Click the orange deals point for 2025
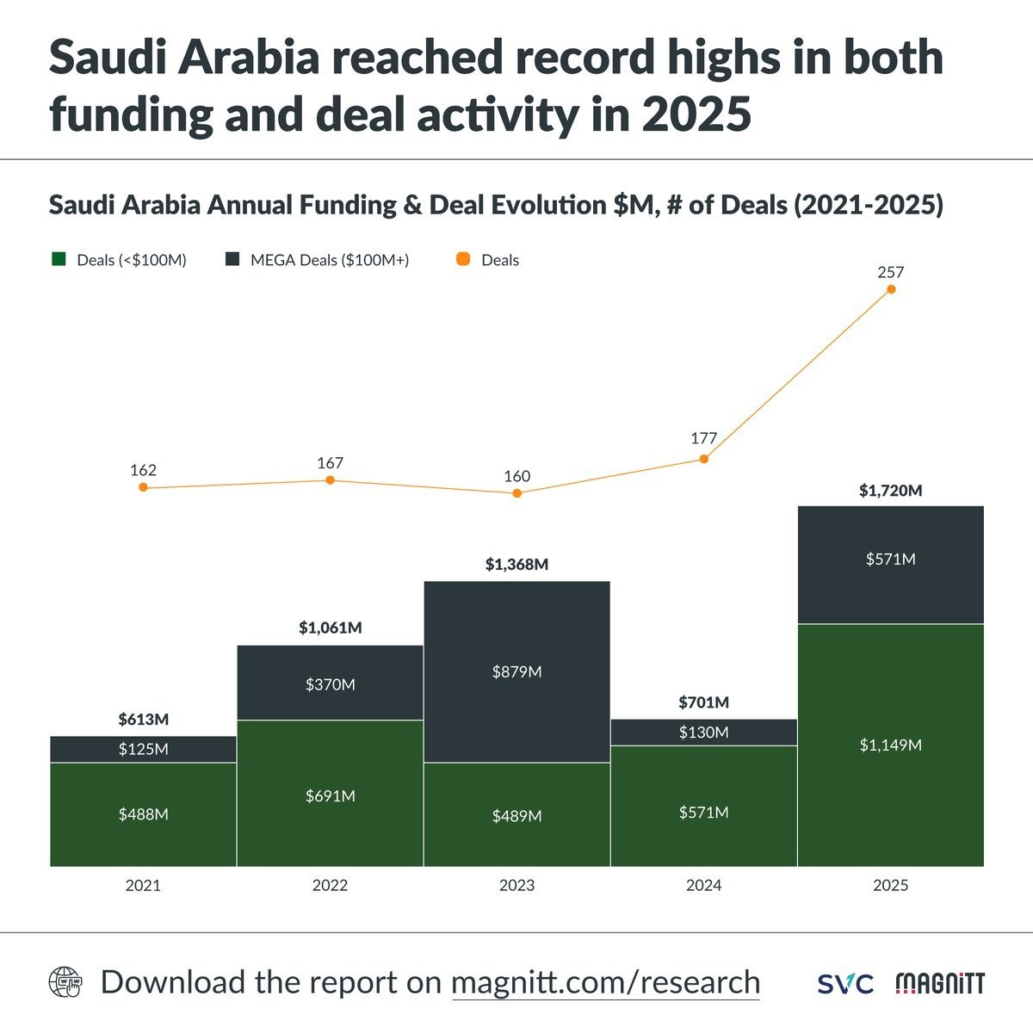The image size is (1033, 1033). click(891, 289)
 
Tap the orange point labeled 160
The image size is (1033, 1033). click(516, 493)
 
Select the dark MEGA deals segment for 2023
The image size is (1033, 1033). click(516, 671)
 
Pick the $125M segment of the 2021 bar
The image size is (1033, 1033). click(143, 749)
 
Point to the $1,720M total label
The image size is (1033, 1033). click(890, 491)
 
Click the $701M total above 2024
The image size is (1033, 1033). click(703, 702)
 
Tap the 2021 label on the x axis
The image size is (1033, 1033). click(143, 885)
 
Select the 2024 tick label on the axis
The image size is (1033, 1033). click(703, 885)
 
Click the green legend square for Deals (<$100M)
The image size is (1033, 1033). click(59, 259)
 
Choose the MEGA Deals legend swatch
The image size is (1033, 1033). click(232, 259)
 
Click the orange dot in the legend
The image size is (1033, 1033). click(463, 259)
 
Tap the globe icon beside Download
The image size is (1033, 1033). click(65, 982)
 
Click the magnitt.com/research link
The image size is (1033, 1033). click(605, 982)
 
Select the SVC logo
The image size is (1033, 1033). click(844, 983)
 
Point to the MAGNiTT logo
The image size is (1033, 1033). click(940, 983)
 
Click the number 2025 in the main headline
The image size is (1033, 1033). click(696, 114)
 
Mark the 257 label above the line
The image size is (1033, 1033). click(890, 272)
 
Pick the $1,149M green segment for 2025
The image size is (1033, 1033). click(890, 745)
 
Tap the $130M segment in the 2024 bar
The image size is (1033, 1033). click(703, 733)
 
